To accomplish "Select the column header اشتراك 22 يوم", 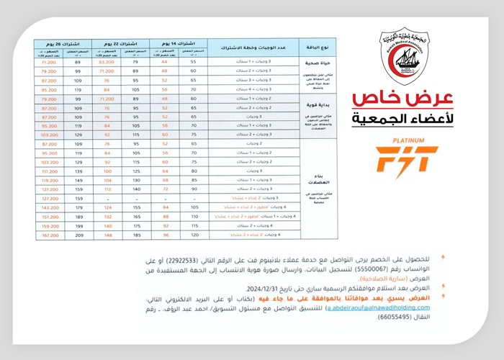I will click(115, 45).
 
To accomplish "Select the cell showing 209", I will click(78, 235).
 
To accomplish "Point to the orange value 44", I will click(164, 63).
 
